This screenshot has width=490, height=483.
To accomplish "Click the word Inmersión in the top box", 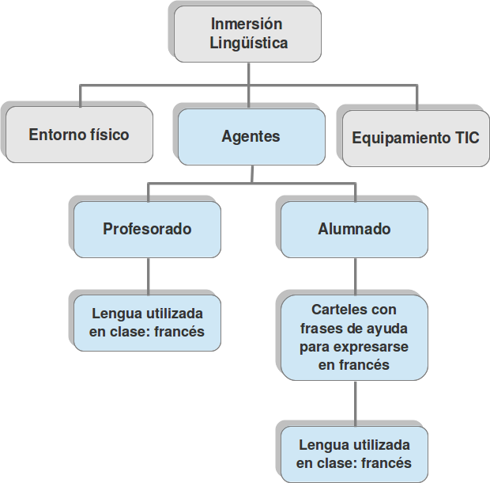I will [x=248, y=24].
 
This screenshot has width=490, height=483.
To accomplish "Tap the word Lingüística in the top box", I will [x=248, y=43].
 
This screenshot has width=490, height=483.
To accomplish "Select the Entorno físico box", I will [x=79, y=135].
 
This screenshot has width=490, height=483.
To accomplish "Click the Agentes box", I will [x=251, y=136].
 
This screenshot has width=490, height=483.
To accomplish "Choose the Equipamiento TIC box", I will [x=415, y=137].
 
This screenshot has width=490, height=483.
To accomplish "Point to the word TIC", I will [x=467, y=137].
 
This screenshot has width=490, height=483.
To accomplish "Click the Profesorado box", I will [x=147, y=229].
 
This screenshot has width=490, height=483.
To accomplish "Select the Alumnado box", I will [x=354, y=229].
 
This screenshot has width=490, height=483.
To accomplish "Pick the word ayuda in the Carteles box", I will [x=387, y=328].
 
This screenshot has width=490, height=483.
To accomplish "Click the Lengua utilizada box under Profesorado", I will [x=147, y=322].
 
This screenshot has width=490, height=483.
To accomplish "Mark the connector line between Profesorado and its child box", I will [x=148, y=274].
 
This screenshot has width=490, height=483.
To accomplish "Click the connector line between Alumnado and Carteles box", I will [x=355, y=276].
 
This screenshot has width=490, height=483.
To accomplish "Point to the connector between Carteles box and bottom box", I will [x=355, y=404].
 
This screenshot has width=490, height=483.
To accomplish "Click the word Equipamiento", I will [x=401, y=137].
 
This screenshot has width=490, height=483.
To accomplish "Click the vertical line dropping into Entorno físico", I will [x=81, y=95].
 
